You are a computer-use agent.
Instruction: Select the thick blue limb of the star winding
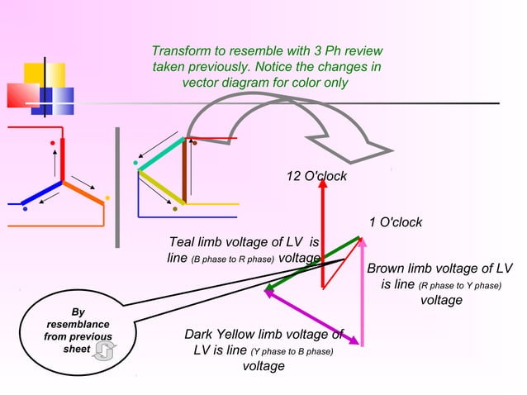pos(41,194)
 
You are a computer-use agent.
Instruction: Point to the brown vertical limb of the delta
pos(184,172)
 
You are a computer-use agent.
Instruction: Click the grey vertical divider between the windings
pos(118,187)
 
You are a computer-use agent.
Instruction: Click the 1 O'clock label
pos(395,222)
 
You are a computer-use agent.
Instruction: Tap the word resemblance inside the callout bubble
pos(78,325)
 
